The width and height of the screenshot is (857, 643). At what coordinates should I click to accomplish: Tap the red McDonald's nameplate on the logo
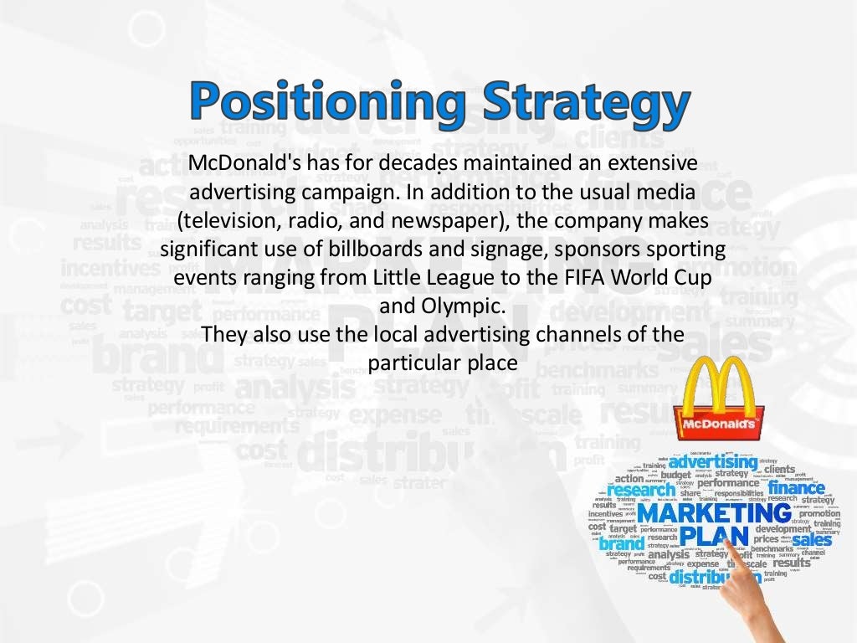tap(719, 425)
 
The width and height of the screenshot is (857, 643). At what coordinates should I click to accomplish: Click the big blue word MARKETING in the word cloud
tap(713, 512)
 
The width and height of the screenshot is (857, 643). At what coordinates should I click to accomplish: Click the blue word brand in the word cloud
tap(622, 543)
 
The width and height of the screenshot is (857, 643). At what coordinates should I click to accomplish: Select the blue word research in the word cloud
tap(642, 491)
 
